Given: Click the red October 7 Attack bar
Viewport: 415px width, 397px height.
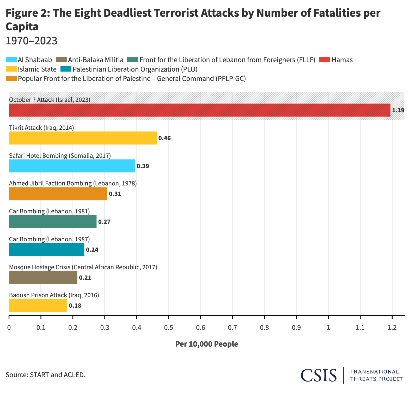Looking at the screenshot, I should (x=199, y=110).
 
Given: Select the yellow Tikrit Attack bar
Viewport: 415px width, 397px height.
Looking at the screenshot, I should (x=83, y=138).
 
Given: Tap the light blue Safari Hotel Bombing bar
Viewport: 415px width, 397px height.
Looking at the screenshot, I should (x=72, y=166).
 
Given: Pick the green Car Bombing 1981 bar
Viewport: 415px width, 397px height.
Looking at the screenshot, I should (x=53, y=222).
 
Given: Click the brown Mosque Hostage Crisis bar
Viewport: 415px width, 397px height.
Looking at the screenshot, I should (x=43, y=277).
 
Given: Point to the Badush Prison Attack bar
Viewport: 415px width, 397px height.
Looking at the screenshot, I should (x=38, y=305).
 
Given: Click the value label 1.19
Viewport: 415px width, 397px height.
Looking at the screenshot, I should (x=398, y=110).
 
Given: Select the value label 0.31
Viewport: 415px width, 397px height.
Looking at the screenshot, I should (x=115, y=194).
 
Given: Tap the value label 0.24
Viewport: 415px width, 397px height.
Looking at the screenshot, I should (x=92, y=250).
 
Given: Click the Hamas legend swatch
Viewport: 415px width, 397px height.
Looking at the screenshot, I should (x=325, y=60).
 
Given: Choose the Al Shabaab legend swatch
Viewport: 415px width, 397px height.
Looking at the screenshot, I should (x=11, y=60).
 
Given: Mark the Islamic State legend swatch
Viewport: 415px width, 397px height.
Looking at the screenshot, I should (x=11, y=69).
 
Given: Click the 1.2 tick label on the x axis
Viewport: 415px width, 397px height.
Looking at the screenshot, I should (x=392, y=328).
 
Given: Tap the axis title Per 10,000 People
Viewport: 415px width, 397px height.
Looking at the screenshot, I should (x=206, y=344).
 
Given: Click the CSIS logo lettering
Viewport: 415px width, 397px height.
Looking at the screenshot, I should (x=319, y=375).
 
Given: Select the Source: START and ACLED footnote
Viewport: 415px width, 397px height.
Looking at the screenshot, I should (x=46, y=375).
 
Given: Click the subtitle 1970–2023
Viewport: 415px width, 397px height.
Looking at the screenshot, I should (x=31, y=41).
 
